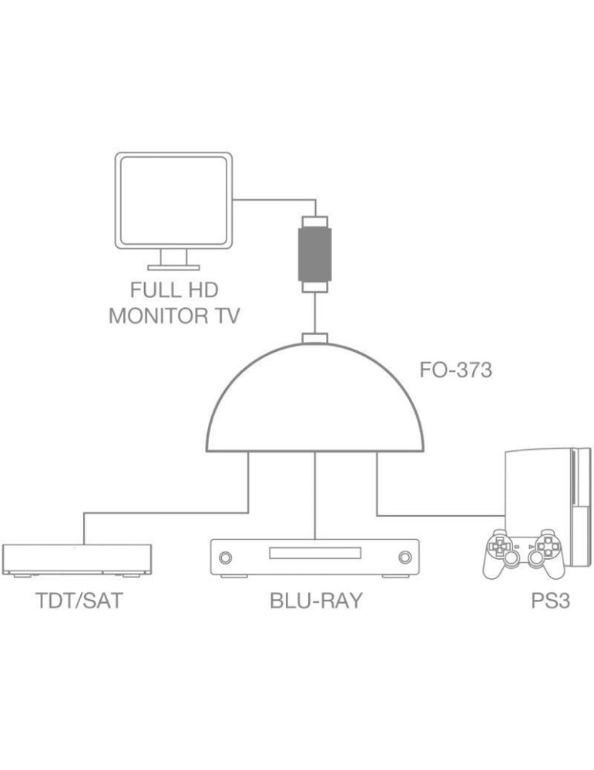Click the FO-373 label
[x=455, y=370]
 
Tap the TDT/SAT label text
[x=79, y=601]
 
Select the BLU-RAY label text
[x=316, y=601]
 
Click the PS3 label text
[x=550, y=601]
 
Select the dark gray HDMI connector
[x=314, y=254]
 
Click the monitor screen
[x=173, y=202]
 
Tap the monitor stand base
[x=173, y=267]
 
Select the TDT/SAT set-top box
[x=77, y=558]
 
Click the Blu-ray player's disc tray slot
[x=314, y=554]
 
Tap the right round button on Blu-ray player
[x=404, y=557]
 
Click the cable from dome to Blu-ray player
[x=315, y=497]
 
